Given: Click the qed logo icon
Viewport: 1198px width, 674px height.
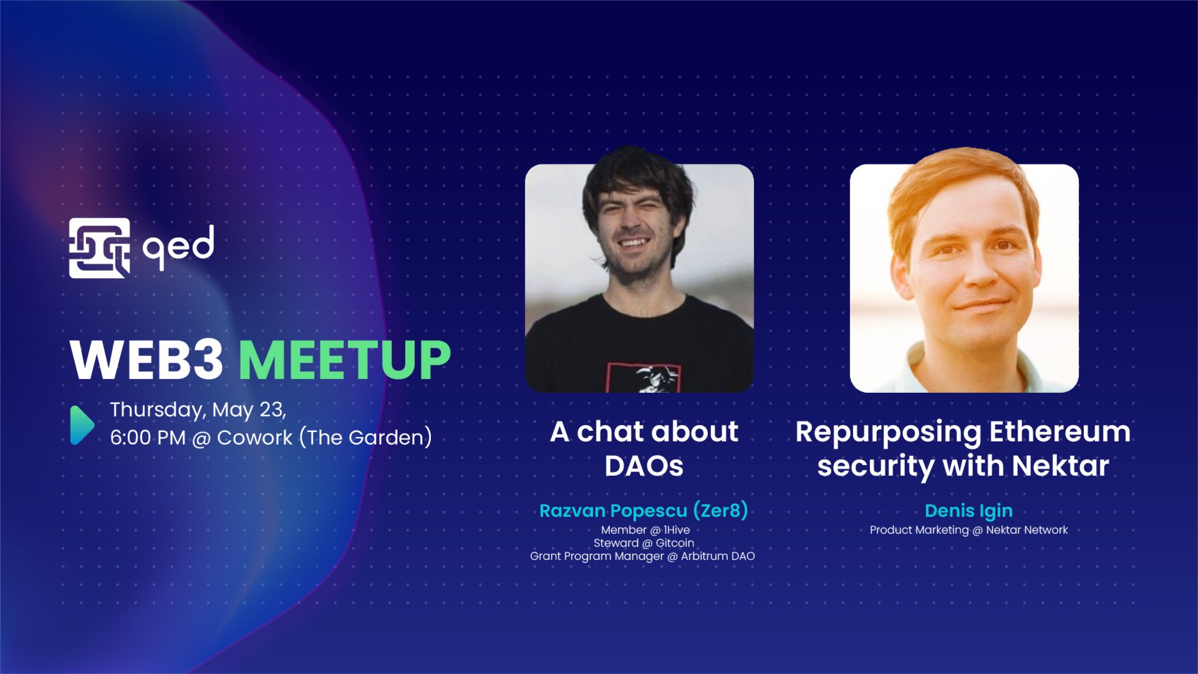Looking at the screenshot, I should point(99,248).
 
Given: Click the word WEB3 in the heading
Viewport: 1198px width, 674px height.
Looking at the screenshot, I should point(147,360).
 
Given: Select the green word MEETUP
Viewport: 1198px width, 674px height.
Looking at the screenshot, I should point(344,360).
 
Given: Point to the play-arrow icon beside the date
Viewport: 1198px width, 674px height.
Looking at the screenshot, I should point(82,425).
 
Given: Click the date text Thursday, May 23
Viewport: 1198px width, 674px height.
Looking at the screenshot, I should point(198,410).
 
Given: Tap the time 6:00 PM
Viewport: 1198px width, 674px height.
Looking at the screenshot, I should point(147,438).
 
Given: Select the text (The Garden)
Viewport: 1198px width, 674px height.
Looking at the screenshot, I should point(365,438).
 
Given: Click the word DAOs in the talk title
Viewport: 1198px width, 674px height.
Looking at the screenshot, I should point(644,466).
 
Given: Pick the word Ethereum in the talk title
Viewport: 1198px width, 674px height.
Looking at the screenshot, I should point(1059,431).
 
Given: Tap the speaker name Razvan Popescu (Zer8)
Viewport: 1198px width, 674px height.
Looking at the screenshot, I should point(643,511).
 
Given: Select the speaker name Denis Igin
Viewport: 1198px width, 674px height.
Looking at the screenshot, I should point(968,511).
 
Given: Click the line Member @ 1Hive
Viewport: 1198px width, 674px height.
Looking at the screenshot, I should point(645,530).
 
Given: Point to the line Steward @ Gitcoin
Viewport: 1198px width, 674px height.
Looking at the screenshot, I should point(644,543).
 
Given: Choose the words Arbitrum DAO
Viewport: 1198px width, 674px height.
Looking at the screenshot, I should point(717,556).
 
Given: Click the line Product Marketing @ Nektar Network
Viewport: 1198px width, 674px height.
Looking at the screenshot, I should point(968,530).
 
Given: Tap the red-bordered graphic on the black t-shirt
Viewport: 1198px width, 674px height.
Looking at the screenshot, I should point(642,378).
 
